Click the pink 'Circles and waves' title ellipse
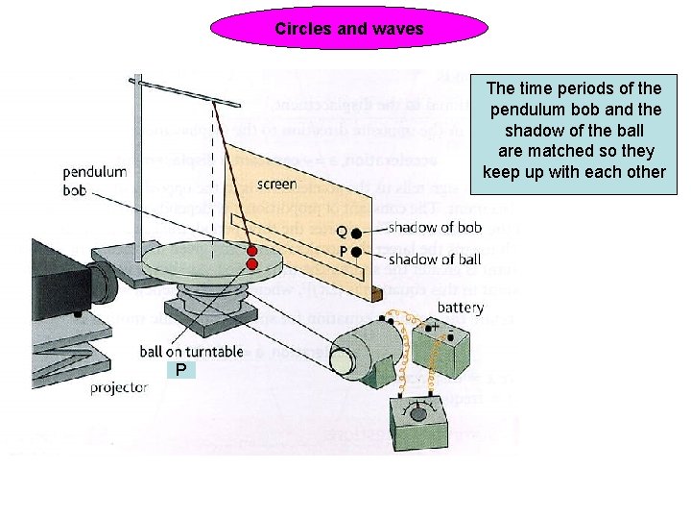[x=348, y=29]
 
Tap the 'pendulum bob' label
[x=95, y=182]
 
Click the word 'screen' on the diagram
[x=276, y=184]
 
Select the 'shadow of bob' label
[x=434, y=228]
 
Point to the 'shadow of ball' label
[x=434, y=259]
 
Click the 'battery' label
[x=461, y=308]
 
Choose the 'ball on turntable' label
[x=191, y=352]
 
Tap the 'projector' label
[x=119, y=387]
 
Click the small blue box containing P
[x=179, y=370]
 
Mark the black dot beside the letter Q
[x=356, y=233]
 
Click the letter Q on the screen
[x=341, y=231]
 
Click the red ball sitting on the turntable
[x=252, y=263]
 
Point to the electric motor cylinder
[x=365, y=351]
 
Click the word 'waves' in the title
[x=397, y=29]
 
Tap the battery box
[x=443, y=351]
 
